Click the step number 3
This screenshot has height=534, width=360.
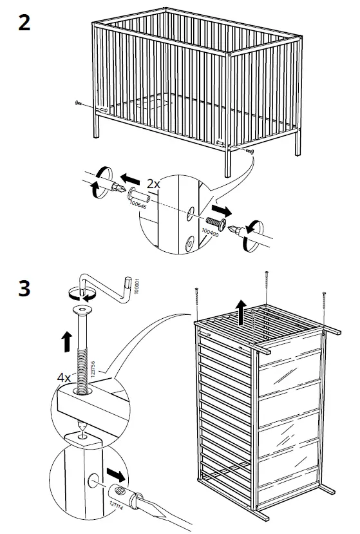(x=23, y=287)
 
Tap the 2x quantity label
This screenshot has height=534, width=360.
(x=153, y=184)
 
